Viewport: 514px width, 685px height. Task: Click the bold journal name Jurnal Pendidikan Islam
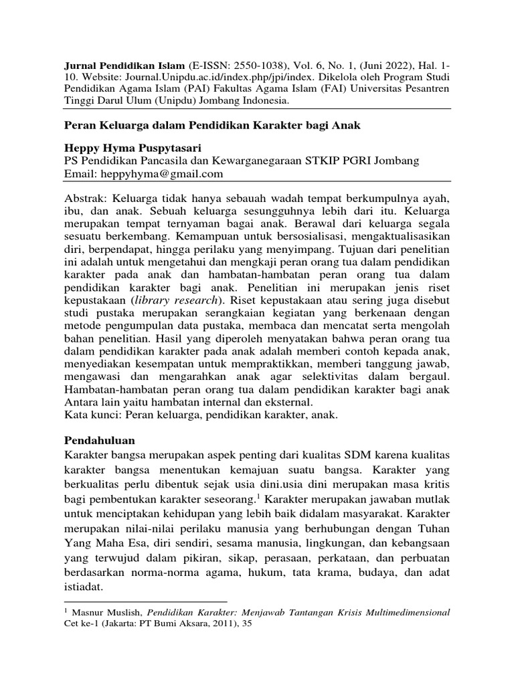114,68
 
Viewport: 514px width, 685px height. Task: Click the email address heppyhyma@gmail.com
160,174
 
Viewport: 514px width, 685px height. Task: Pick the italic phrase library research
190,299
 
